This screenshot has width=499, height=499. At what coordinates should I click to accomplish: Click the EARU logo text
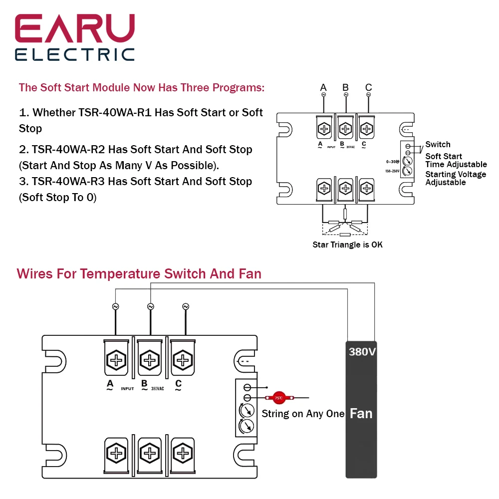click(x=75, y=29)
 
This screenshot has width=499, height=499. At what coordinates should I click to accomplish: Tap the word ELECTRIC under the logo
click(x=75, y=54)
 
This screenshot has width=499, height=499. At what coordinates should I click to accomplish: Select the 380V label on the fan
click(x=362, y=352)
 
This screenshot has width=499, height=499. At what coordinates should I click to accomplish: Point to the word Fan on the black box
click(x=361, y=413)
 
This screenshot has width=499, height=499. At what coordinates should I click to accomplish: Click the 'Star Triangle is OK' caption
click(x=348, y=245)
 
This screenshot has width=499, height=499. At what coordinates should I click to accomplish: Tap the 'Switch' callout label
click(x=438, y=144)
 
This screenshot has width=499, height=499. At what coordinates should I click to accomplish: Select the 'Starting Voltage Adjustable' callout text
click(x=455, y=178)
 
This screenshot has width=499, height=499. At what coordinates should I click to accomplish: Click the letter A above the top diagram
click(x=323, y=88)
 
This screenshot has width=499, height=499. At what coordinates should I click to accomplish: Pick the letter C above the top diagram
click(x=368, y=88)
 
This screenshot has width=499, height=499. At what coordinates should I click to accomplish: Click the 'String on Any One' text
click(x=303, y=414)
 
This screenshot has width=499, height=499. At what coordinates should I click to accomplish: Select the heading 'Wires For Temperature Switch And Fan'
click(x=139, y=273)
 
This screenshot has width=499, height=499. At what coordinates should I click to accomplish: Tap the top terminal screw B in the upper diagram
click(x=345, y=129)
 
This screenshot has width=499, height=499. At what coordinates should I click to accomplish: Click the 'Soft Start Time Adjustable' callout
click(x=455, y=160)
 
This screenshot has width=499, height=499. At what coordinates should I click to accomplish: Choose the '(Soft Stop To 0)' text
click(x=57, y=197)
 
